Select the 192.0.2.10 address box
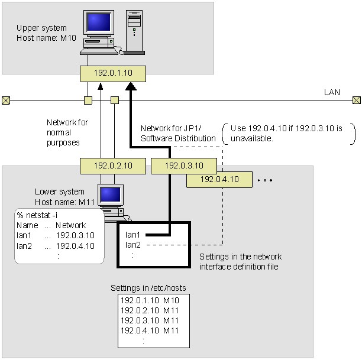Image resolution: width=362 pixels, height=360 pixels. [112, 166]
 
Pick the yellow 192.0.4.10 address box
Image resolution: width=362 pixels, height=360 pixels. [219, 179]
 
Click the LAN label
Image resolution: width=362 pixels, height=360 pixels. [331, 92]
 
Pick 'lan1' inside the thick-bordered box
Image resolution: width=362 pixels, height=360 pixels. [133, 235]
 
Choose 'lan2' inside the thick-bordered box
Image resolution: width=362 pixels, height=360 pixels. [133, 244]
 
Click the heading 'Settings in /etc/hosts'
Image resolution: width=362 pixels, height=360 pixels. [148, 288]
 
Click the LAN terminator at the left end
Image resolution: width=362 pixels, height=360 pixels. [6, 100]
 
